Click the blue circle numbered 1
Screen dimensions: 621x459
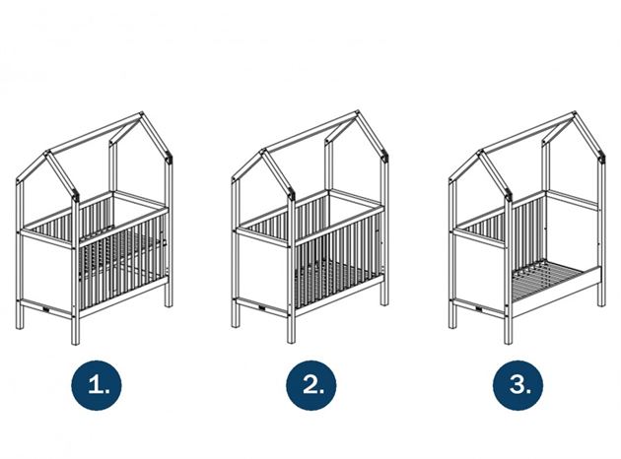97,385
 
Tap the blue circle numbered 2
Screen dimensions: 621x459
311,385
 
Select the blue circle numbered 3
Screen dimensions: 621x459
518,385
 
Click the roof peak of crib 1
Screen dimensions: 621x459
141,114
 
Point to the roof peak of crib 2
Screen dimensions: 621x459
357,113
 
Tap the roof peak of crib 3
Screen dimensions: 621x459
574,114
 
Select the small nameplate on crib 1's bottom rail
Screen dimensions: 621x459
45,307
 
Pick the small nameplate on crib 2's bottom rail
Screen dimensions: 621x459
262,306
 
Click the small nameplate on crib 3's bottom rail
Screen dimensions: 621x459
479,306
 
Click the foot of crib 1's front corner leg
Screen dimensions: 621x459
75,341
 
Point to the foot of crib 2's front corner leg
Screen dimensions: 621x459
291,340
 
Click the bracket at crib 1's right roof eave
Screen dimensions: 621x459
170,158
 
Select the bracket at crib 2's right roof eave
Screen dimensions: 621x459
385,157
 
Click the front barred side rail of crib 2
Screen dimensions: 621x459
339,260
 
